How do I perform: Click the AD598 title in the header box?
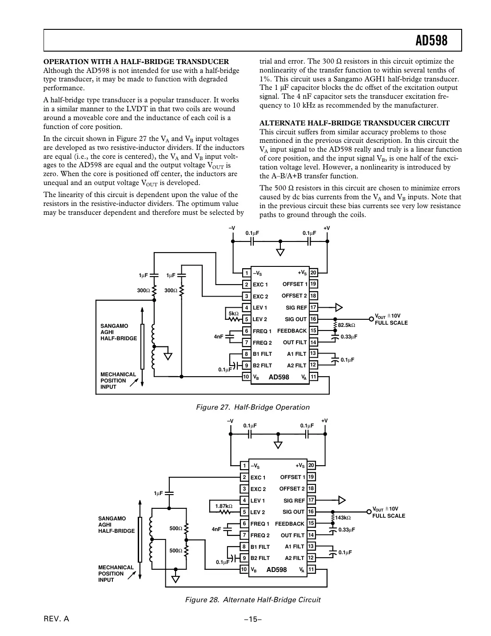pyautogui.click(x=431, y=41)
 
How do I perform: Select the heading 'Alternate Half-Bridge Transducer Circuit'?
pyautogui.click(x=354, y=123)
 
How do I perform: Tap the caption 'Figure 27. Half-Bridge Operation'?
pyautogui.click(x=253, y=407)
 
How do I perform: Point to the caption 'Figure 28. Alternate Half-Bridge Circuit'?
pyautogui.click(x=252, y=600)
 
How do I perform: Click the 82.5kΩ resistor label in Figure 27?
pyautogui.click(x=347, y=325)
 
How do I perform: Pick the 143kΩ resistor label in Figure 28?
pyautogui.click(x=343, y=518)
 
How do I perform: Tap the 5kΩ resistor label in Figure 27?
pyautogui.click(x=233, y=314)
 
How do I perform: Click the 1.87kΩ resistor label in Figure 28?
pyautogui.click(x=224, y=506)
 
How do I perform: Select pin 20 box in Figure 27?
pyautogui.click(x=313, y=273)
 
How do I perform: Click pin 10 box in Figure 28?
pyautogui.click(x=244, y=569)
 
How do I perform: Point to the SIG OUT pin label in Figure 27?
pyautogui.click(x=295, y=319)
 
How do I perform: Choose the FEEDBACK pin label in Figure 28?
pyautogui.click(x=290, y=524)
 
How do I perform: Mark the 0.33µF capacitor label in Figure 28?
pyautogui.click(x=347, y=530)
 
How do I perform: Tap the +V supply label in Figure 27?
pyautogui.click(x=327, y=228)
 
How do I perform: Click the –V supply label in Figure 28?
pyautogui.click(x=230, y=421)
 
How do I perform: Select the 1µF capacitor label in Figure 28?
pyautogui.click(x=159, y=493)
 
